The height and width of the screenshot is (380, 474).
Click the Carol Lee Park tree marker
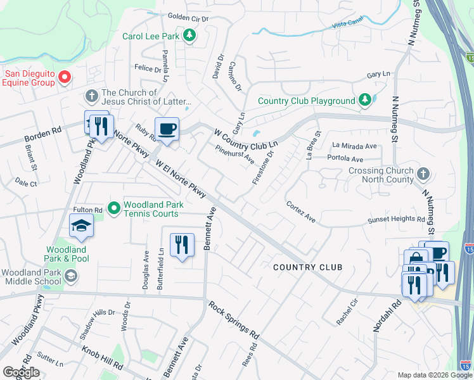(189, 35)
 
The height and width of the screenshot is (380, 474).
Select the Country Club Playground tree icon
(364, 100)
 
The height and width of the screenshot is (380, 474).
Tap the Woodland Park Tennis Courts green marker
(114, 208)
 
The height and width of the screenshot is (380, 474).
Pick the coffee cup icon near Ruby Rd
(167, 130)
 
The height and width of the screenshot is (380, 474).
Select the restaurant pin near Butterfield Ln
(182, 244)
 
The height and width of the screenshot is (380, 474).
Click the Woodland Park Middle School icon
(71, 275)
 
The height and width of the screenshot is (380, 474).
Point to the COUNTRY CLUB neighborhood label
(307, 267)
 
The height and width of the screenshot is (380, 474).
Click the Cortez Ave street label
(301, 212)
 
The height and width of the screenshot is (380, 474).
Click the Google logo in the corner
(21, 372)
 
